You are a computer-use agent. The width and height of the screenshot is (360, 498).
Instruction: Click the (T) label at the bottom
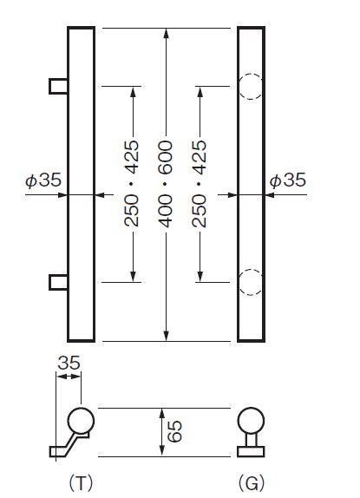81,484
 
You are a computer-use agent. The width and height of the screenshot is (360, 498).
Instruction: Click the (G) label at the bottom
252,484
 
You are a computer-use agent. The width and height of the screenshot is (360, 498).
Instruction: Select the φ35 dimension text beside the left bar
43,180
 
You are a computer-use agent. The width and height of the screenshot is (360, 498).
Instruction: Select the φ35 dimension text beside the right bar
288,180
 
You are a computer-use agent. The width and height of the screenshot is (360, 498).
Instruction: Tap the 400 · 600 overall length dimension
166,184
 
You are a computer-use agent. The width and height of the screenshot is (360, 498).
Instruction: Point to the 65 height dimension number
175,431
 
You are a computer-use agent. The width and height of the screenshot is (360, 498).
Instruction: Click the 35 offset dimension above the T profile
69,364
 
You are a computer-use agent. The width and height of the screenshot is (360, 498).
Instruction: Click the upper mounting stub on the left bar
58,86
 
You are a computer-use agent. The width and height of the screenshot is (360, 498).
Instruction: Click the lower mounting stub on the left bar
58,282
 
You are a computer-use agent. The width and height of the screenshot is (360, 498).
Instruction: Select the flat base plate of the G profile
251,451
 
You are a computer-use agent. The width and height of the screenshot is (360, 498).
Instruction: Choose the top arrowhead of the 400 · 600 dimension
166,33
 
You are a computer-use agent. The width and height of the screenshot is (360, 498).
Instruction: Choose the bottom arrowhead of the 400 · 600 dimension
166,336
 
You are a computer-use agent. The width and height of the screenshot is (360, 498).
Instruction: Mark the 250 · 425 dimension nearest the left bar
132,184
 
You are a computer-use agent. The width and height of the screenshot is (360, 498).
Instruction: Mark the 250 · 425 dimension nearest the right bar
199,184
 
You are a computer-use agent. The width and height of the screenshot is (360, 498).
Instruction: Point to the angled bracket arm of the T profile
71,443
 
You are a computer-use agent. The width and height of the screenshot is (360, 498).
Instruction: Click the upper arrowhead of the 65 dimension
162,414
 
